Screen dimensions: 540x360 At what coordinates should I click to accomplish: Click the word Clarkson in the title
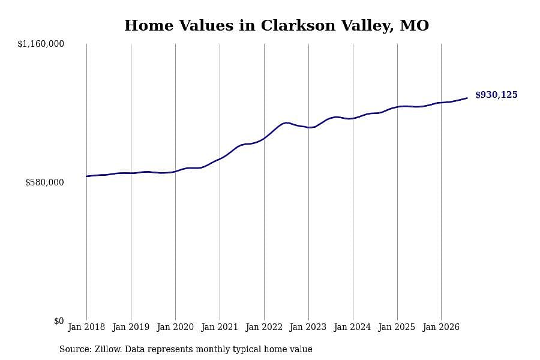tap(298, 25)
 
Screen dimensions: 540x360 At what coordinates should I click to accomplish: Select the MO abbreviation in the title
tap(414, 25)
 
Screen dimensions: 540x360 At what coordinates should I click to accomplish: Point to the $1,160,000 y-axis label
tap(41, 44)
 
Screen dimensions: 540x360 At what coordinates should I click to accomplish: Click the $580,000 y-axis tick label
tap(44, 182)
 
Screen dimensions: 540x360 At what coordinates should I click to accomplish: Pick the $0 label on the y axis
tap(59, 321)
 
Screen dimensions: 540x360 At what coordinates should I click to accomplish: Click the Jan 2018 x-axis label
tap(86, 327)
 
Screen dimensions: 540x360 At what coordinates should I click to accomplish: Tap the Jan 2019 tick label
tap(131, 327)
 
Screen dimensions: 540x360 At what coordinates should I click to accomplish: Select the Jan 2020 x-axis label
tap(175, 327)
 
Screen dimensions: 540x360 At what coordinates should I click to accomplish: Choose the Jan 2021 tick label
tap(220, 327)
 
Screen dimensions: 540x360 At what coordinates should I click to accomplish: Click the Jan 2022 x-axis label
tap(264, 327)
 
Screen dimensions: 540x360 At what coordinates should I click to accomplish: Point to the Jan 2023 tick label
tap(308, 327)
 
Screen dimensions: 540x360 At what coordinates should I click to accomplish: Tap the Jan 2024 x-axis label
tap(352, 327)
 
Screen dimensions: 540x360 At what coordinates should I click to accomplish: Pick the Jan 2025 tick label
tap(397, 327)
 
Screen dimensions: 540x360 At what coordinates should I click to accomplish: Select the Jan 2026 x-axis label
tap(441, 327)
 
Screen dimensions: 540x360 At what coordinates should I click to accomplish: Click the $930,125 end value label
tap(496, 95)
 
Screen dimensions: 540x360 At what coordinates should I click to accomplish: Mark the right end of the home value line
tap(467, 98)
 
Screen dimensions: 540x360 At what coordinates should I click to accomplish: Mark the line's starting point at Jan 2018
tap(86, 176)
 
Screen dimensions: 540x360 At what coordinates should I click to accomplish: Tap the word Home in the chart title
tap(149, 25)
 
